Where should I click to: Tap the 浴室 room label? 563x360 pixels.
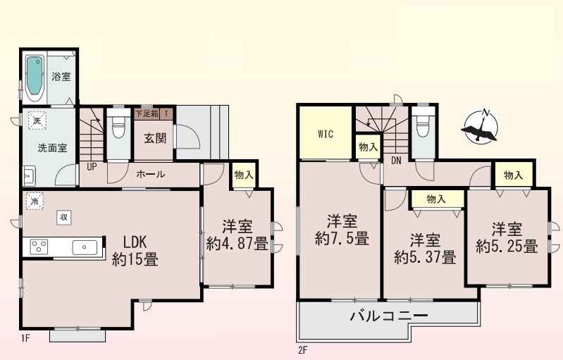(x=61, y=77)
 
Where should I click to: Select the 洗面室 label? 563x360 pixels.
(x=52, y=148)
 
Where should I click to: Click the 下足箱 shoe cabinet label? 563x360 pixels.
(x=147, y=114)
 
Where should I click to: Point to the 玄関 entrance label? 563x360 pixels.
(x=155, y=138)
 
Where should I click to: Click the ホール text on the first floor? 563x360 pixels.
(x=151, y=175)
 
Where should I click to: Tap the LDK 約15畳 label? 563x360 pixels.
(x=135, y=251)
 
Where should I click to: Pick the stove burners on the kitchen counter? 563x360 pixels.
(x=39, y=247)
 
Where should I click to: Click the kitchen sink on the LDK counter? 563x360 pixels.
(x=85, y=247)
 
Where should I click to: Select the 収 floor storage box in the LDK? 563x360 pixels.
(x=64, y=217)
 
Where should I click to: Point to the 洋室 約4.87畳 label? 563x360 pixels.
(x=237, y=235)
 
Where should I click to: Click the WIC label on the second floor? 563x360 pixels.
(x=326, y=135)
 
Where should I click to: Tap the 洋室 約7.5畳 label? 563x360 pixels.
(x=342, y=230)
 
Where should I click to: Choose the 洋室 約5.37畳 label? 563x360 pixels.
(x=425, y=249)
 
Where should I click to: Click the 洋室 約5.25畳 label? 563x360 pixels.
(x=507, y=237)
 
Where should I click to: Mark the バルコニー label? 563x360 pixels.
(x=389, y=316)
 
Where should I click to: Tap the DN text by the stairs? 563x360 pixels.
(x=396, y=161)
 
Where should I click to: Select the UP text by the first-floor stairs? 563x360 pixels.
(x=92, y=167)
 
